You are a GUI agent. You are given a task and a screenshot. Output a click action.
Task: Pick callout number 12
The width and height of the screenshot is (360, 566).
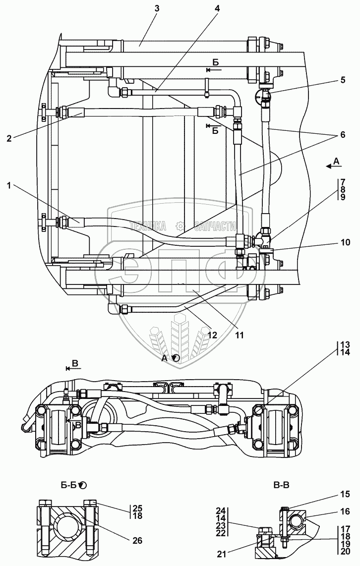(212, 335)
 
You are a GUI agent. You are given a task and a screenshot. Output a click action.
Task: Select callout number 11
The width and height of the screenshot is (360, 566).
(240, 335)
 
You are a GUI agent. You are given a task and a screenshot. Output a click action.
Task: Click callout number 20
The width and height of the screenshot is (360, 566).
(346, 551)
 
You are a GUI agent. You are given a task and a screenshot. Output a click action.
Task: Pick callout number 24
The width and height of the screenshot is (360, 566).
(221, 510)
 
